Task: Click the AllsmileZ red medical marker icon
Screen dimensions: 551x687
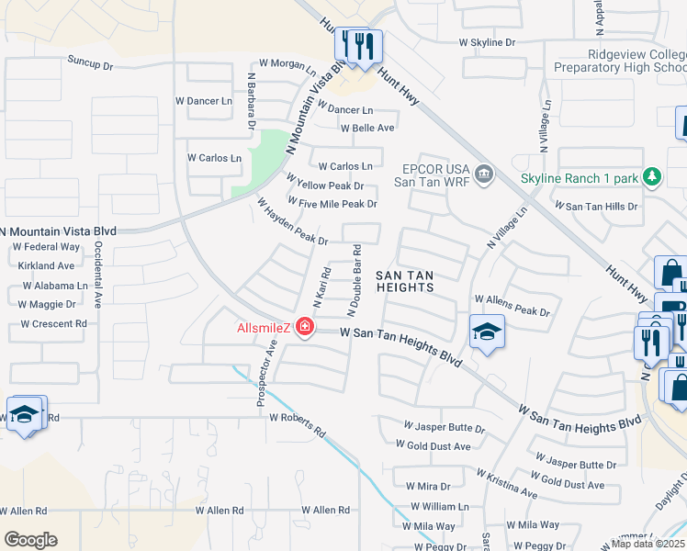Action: click(304, 328)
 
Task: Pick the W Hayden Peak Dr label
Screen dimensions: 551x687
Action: click(292, 222)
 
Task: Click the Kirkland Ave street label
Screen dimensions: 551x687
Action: click(46, 265)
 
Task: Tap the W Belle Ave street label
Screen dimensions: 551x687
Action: click(367, 128)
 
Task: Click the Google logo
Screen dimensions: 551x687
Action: click(30, 539)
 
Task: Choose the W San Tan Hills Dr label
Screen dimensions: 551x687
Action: click(594, 207)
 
